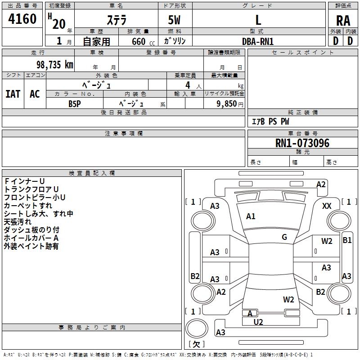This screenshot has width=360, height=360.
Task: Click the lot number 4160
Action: pos(22,19)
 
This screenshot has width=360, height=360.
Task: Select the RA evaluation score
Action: pos(343,21)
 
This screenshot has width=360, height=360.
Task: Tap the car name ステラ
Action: pos(116,20)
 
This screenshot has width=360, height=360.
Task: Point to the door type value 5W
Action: pos(175,20)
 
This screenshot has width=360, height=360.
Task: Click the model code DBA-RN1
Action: pos(258,41)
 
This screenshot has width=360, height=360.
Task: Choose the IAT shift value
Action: pos(13,94)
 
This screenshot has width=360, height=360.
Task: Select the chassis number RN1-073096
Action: pos(302,144)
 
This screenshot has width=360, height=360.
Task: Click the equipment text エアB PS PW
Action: pos(270,121)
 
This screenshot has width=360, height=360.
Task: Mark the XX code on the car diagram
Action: pos(327,206)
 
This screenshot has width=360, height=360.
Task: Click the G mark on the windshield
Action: pos(284,237)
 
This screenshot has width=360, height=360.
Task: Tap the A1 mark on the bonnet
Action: pos(251,216)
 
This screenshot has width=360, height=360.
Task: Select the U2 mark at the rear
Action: pos(258,322)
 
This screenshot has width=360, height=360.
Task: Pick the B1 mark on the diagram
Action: pos(347,240)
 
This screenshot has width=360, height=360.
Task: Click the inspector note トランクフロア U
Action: pos(31,189)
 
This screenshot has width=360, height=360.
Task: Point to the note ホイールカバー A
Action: pos(31,238)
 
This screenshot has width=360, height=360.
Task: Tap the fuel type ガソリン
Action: pos(175,41)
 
